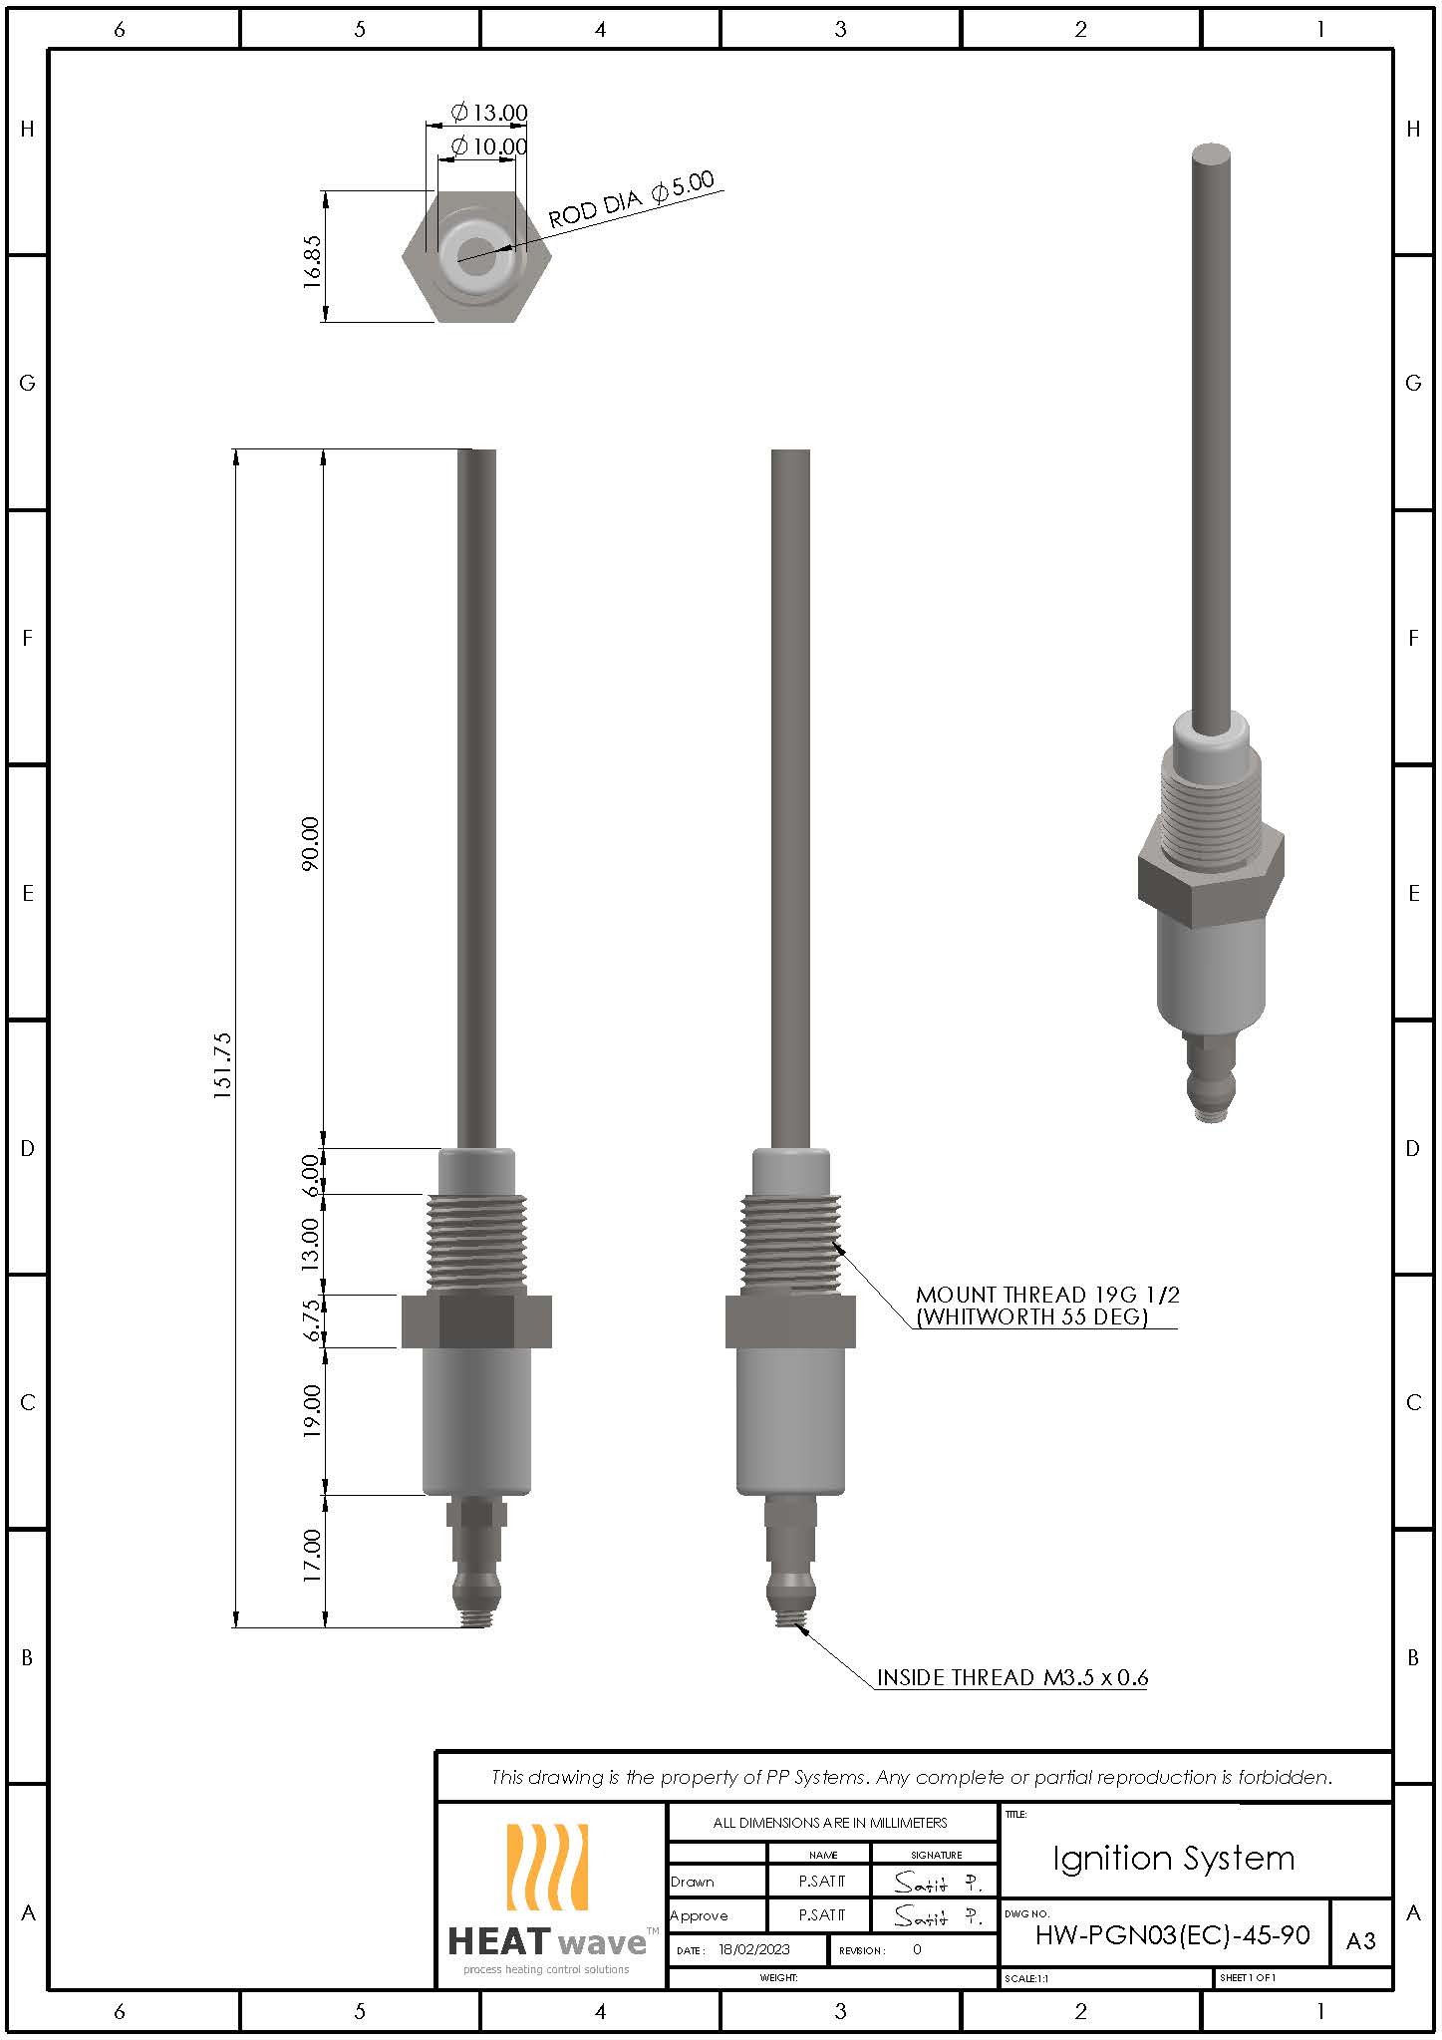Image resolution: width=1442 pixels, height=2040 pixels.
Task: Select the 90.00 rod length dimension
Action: pos(310,843)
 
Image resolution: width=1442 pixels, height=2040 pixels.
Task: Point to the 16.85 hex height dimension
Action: pos(312,261)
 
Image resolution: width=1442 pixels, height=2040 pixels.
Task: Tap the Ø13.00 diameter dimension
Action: pos(489,112)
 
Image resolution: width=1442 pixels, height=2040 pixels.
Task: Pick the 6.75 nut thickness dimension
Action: pos(312,1319)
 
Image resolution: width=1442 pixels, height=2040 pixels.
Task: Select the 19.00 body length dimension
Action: pos(312,1410)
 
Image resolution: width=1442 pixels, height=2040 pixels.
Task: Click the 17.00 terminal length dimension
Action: pos(312,1555)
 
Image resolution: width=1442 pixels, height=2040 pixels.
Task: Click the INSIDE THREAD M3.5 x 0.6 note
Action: pos(1011,1677)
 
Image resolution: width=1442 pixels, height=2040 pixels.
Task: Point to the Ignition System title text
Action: pos(1173,1858)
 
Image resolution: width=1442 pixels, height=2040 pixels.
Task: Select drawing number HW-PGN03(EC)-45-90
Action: pos(1172,1935)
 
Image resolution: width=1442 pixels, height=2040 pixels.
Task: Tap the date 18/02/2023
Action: pos(753,1949)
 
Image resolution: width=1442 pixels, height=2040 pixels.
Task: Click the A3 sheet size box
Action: pos(1360,1940)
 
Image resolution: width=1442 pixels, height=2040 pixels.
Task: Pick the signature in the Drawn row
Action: pos(935,1882)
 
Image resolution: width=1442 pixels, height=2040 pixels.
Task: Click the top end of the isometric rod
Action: pos(1211,154)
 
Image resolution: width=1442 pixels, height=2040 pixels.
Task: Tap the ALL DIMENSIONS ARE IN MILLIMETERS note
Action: pos(829,1822)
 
